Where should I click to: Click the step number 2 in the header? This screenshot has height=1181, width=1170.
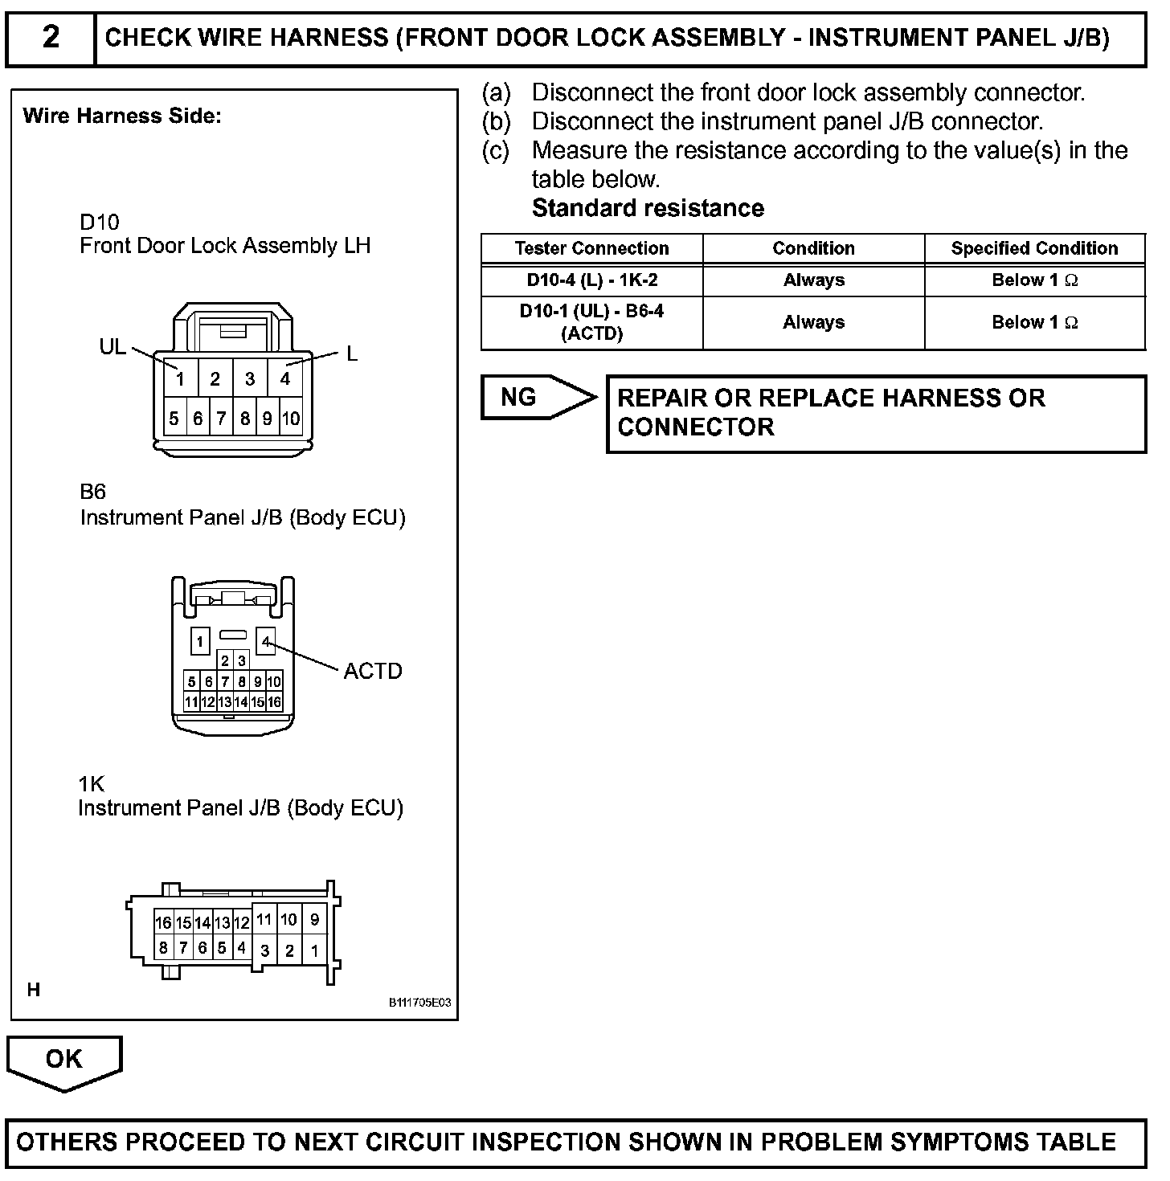click(50, 37)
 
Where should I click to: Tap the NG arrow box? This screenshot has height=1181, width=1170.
click(537, 397)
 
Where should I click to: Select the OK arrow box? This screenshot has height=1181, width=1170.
click(63, 1060)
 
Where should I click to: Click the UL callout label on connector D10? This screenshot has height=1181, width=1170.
click(112, 346)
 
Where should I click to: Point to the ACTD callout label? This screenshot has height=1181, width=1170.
click(372, 671)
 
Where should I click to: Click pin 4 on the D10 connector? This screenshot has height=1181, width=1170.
click(284, 378)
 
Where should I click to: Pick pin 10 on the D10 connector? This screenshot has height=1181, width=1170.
click(291, 418)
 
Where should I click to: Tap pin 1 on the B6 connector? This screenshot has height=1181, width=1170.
click(199, 641)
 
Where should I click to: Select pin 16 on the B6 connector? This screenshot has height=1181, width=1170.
click(274, 701)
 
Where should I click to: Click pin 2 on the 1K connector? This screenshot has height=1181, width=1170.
click(289, 950)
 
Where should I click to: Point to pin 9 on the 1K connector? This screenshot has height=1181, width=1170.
click(314, 920)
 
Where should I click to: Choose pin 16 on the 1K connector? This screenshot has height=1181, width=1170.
click(163, 923)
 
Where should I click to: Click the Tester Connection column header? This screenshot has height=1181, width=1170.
click(591, 248)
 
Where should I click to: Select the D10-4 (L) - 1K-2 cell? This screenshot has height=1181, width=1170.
click(591, 280)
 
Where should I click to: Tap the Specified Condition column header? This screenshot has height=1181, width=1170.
click(1034, 248)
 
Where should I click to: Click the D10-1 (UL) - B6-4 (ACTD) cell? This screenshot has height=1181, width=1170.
click(591, 322)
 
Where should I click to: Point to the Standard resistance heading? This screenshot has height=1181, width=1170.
click(648, 208)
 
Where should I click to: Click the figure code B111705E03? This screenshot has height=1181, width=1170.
click(419, 1003)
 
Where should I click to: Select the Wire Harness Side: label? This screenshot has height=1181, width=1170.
click(122, 116)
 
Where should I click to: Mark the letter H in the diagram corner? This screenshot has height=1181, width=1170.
click(33, 990)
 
